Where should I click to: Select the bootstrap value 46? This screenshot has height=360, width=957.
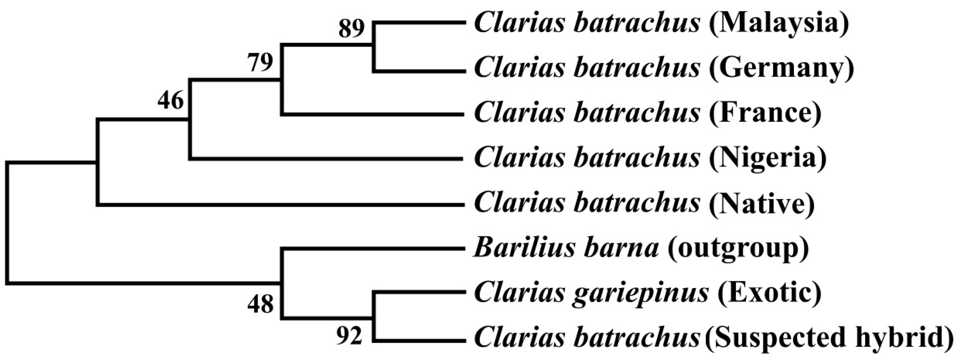pyautogui.click(x=170, y=100)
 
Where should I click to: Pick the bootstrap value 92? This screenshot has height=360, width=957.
pyautogui.click(x=349, y=336)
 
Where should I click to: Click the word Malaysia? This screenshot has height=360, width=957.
pyautogui.click(x=779, y=24)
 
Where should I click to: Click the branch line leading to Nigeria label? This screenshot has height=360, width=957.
pyautogui.click(x=327, y=159)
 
